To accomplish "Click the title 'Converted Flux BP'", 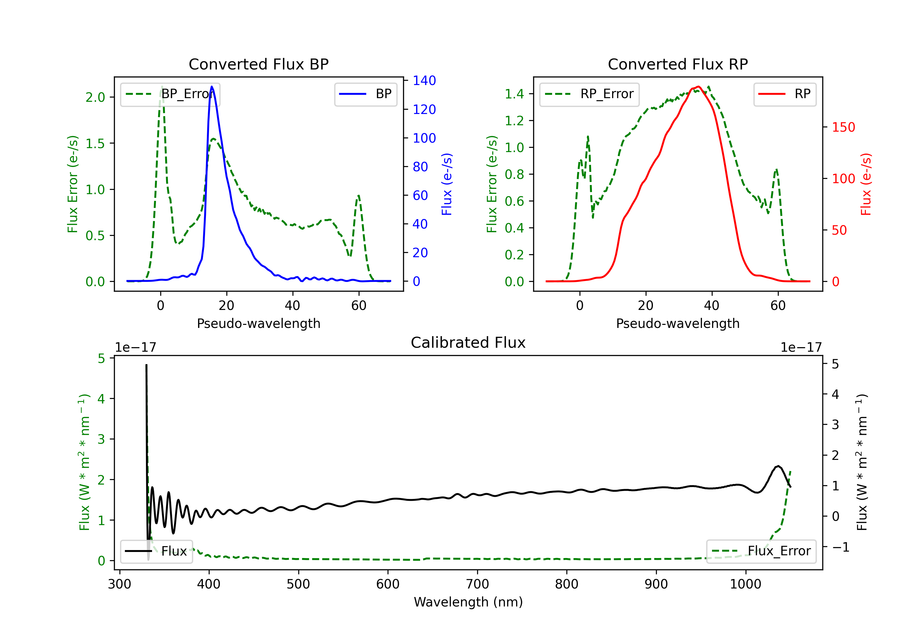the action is click(x=258, y=64).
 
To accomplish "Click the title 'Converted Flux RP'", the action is click(x=678, y=64).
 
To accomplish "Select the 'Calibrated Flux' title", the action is click(x=468, y=343).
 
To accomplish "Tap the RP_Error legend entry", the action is click(x=589, y=94).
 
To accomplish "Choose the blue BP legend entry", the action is click(x=365, y=94).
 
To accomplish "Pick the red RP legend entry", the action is click(x=785, y=94).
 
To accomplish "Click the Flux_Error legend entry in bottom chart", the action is click(x=761, y=551).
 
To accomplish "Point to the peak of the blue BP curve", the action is click(x=212, y=87).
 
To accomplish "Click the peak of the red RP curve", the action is click(x=699, y=87).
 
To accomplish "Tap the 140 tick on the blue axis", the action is click(x=424, y=80).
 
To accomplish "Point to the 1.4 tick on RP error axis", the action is click(x=514, y=94).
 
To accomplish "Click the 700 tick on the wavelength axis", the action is click(x=477, y=584).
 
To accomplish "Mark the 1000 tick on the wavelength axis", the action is click(x=746, y=584).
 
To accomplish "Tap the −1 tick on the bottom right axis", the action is click(x=841, y=547).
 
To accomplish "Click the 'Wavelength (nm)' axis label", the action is click(x=468, y=602).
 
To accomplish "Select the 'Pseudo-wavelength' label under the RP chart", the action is click(x=678, y=323).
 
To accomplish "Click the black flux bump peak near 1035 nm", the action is click(x=778, y=466).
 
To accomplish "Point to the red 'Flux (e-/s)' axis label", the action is click(x=866, y=184).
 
